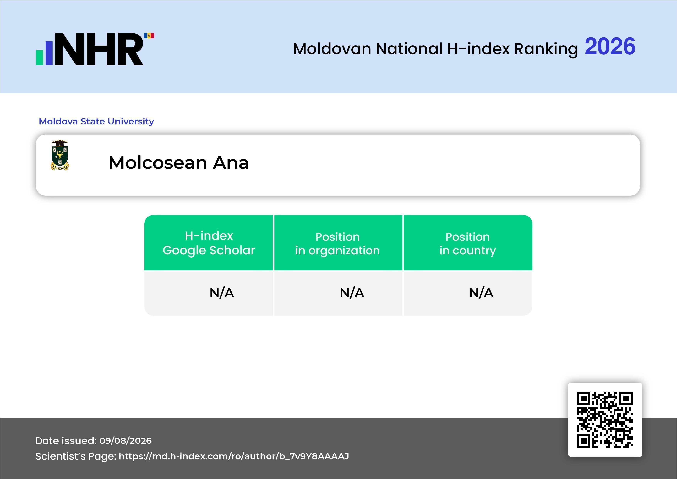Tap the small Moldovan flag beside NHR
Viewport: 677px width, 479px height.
point(149,36)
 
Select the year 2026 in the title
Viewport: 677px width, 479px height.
point(610,46)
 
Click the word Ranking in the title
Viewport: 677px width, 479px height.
point(546,49)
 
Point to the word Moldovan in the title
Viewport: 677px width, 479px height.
point(332,49)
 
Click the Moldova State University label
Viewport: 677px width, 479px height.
point(96,121)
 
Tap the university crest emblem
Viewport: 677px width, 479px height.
point(60,155)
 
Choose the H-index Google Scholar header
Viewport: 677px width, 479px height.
point(209,243)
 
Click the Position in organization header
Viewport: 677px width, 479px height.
point(338,243)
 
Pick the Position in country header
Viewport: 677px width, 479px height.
point(468,243)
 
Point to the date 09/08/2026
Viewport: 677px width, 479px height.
point(126,441)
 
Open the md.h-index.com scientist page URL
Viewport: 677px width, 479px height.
point(234,456)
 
